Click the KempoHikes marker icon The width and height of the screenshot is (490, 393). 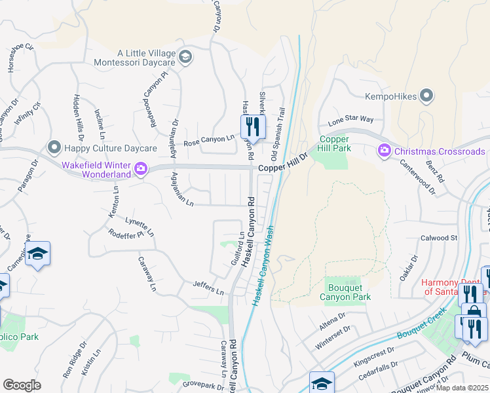pos(427,96)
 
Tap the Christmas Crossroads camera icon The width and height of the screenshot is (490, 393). pos(385,151)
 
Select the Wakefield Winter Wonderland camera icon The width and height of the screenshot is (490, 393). pos(140,170)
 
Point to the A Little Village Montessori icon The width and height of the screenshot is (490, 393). pos(185,57)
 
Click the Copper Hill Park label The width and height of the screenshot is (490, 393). pos(335,143)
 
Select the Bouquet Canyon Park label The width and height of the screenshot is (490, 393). pos(345,292)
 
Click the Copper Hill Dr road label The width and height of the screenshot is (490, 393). pos(282,168)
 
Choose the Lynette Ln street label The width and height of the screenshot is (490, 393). pos(141,227)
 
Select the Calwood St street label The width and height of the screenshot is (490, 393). pos(438,238)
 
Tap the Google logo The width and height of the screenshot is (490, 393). pos(22,385)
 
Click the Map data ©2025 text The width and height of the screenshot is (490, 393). pos(461,388)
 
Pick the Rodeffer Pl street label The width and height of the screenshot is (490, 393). pos(125,236)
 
